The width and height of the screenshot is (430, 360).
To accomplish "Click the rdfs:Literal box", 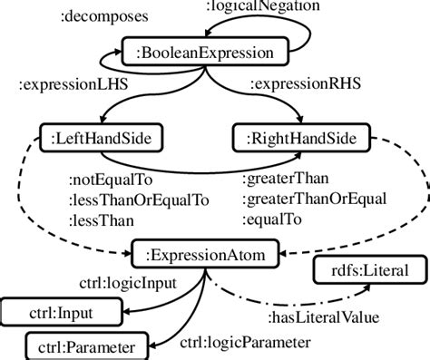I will pyautogui.click(x=365, y=268).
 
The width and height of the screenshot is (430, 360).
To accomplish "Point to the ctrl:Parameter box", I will pyautogui.click(x=82, y=346).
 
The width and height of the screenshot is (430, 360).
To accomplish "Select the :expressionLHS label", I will pyautogui.click(x=75, y=86).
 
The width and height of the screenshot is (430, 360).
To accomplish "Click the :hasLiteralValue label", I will pyautogui.click(x=322, y=316).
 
